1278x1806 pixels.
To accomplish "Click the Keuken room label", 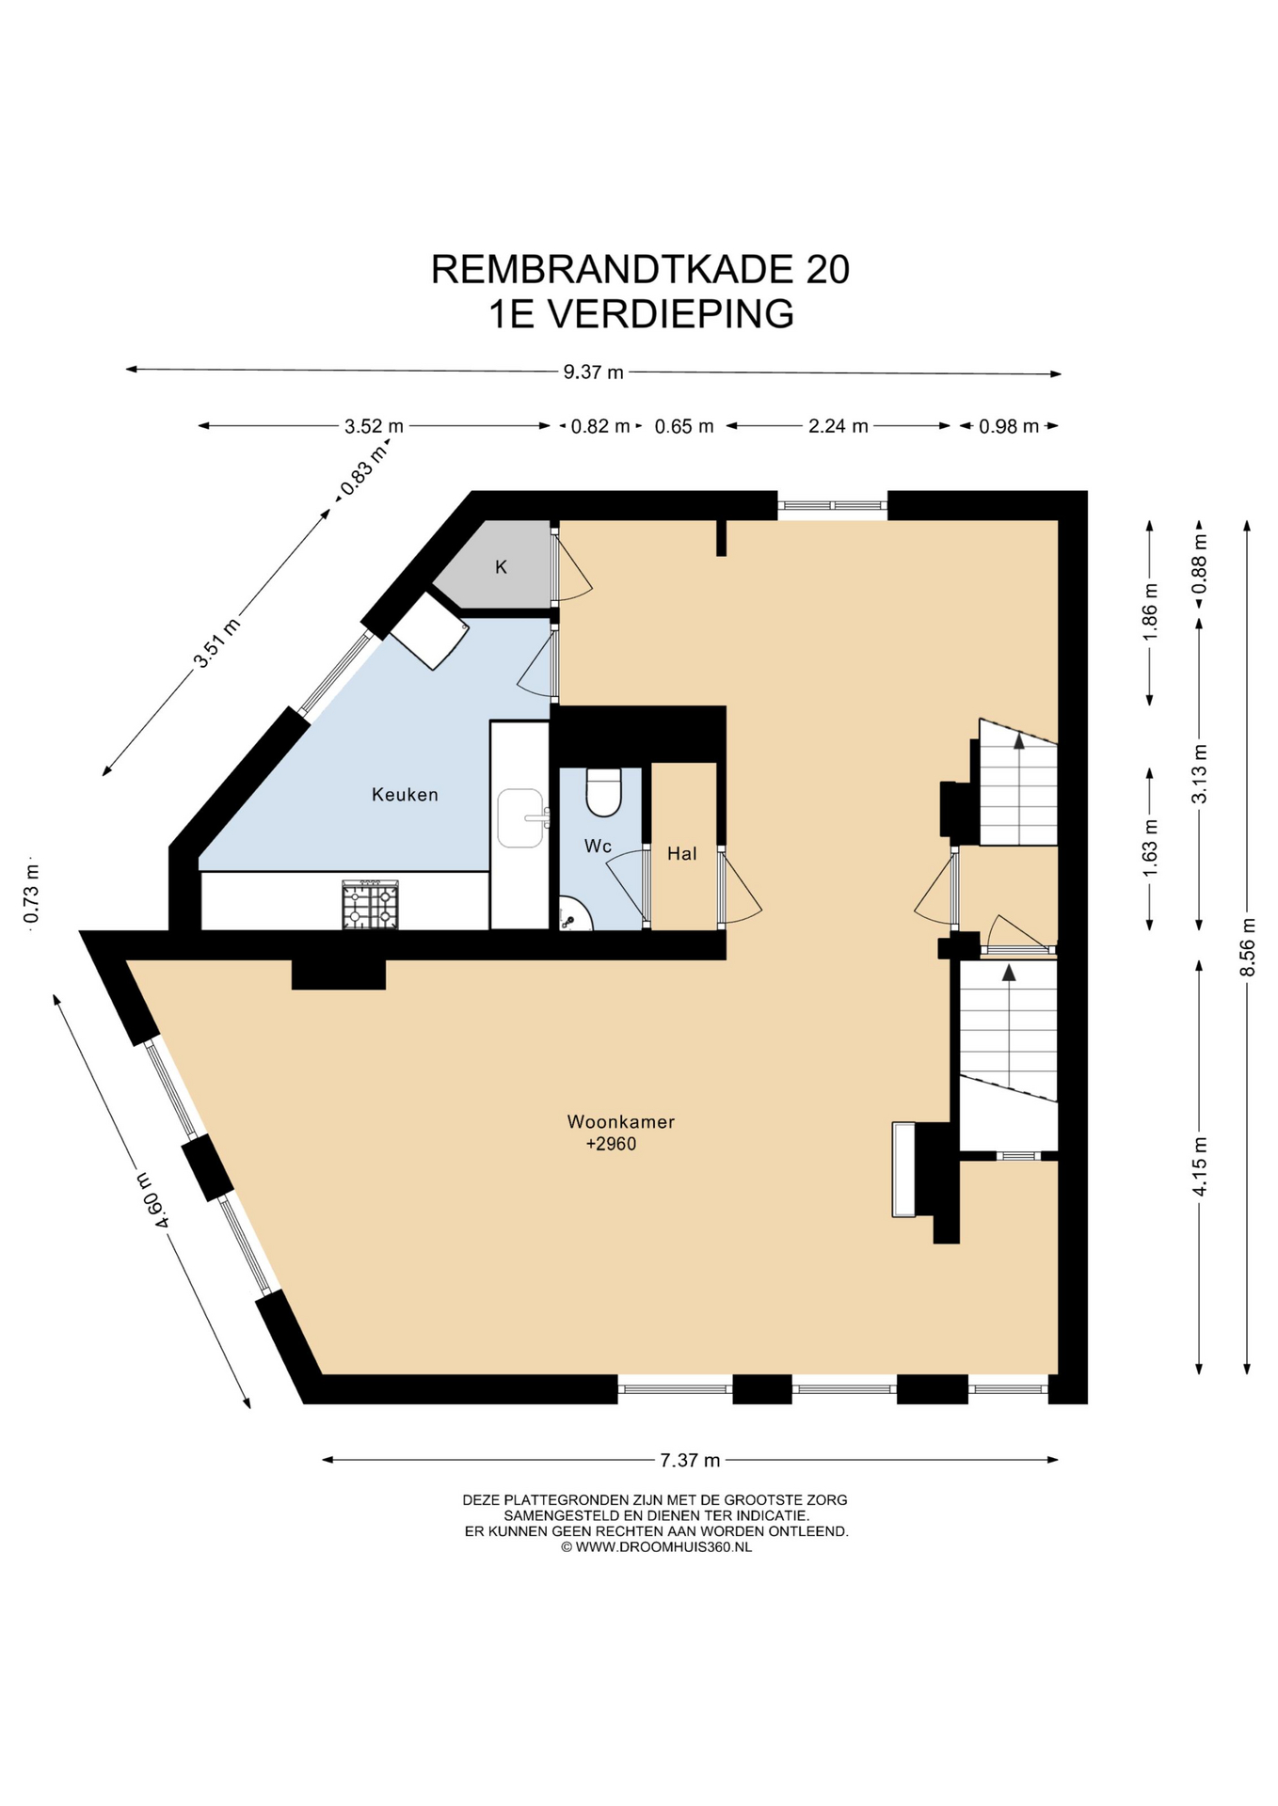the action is tap(405, 795).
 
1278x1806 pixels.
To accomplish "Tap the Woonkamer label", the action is tap(621, 1121).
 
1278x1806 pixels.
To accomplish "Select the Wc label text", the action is tap(598, 846).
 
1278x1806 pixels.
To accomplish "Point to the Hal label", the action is tap(682, 853).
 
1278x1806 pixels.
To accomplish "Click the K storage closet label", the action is tap(502, 566).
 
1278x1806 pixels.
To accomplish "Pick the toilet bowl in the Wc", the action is tap(603, 792).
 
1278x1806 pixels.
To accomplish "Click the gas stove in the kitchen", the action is tap(370, 905).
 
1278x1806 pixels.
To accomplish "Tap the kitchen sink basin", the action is tap(520, 817).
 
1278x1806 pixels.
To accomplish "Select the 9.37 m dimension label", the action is tap(594, 372).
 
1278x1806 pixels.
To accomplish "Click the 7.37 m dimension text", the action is tap(690, 1460).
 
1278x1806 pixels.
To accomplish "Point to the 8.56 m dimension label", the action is tap(1248, 946).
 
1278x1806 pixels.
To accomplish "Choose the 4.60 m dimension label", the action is tap(152, 1200).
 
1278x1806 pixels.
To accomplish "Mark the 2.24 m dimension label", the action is tap(839, 426).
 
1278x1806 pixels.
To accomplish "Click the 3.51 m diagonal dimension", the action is tap(216, 642).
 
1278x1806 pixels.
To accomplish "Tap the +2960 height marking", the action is tap(611, 1144).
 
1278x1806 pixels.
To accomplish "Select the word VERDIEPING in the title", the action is tap(671, 314).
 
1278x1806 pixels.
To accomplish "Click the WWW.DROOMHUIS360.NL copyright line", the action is tap(656, 1546).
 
